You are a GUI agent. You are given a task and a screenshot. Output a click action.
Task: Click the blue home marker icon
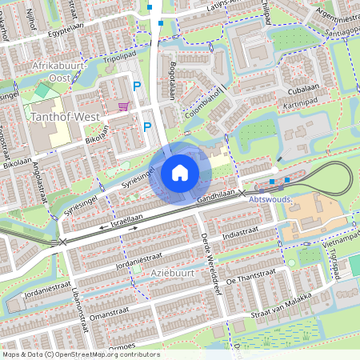click(180, 173)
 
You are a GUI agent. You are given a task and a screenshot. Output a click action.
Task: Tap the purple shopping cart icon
click(122, 105)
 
